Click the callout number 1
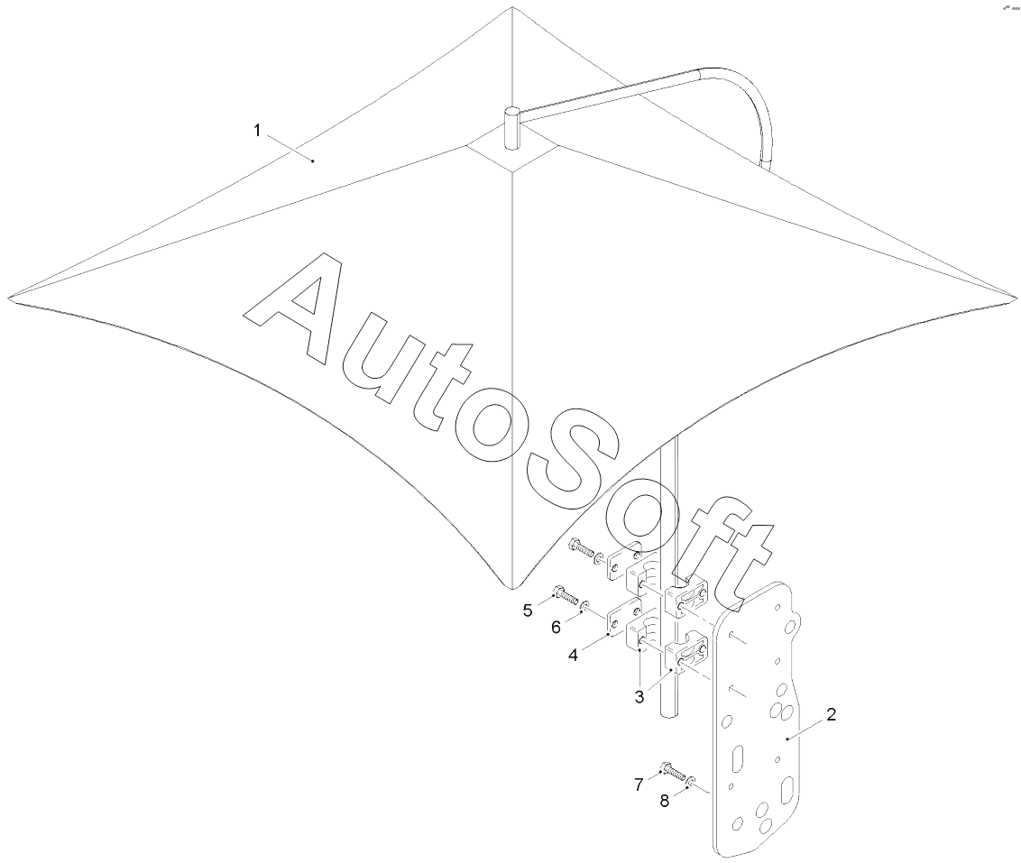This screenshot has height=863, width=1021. tap(257, 132)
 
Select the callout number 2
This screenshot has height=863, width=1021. tap(831, 715)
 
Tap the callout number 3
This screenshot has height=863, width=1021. tap(639, 696)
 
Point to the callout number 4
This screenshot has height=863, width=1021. tap(573, 656)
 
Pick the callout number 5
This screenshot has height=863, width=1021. tap(528, 611)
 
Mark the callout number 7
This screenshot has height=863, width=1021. tap(639, 785)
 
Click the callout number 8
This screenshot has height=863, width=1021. tap(665, 799)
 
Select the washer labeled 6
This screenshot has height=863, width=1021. tap(585, 605)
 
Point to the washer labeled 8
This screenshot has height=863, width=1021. tap(692, 780)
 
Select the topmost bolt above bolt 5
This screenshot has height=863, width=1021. tap(582, 546)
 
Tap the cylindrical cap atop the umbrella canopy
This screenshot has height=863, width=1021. tap(511, 127)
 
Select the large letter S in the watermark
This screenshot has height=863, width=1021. tap(577, 469)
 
